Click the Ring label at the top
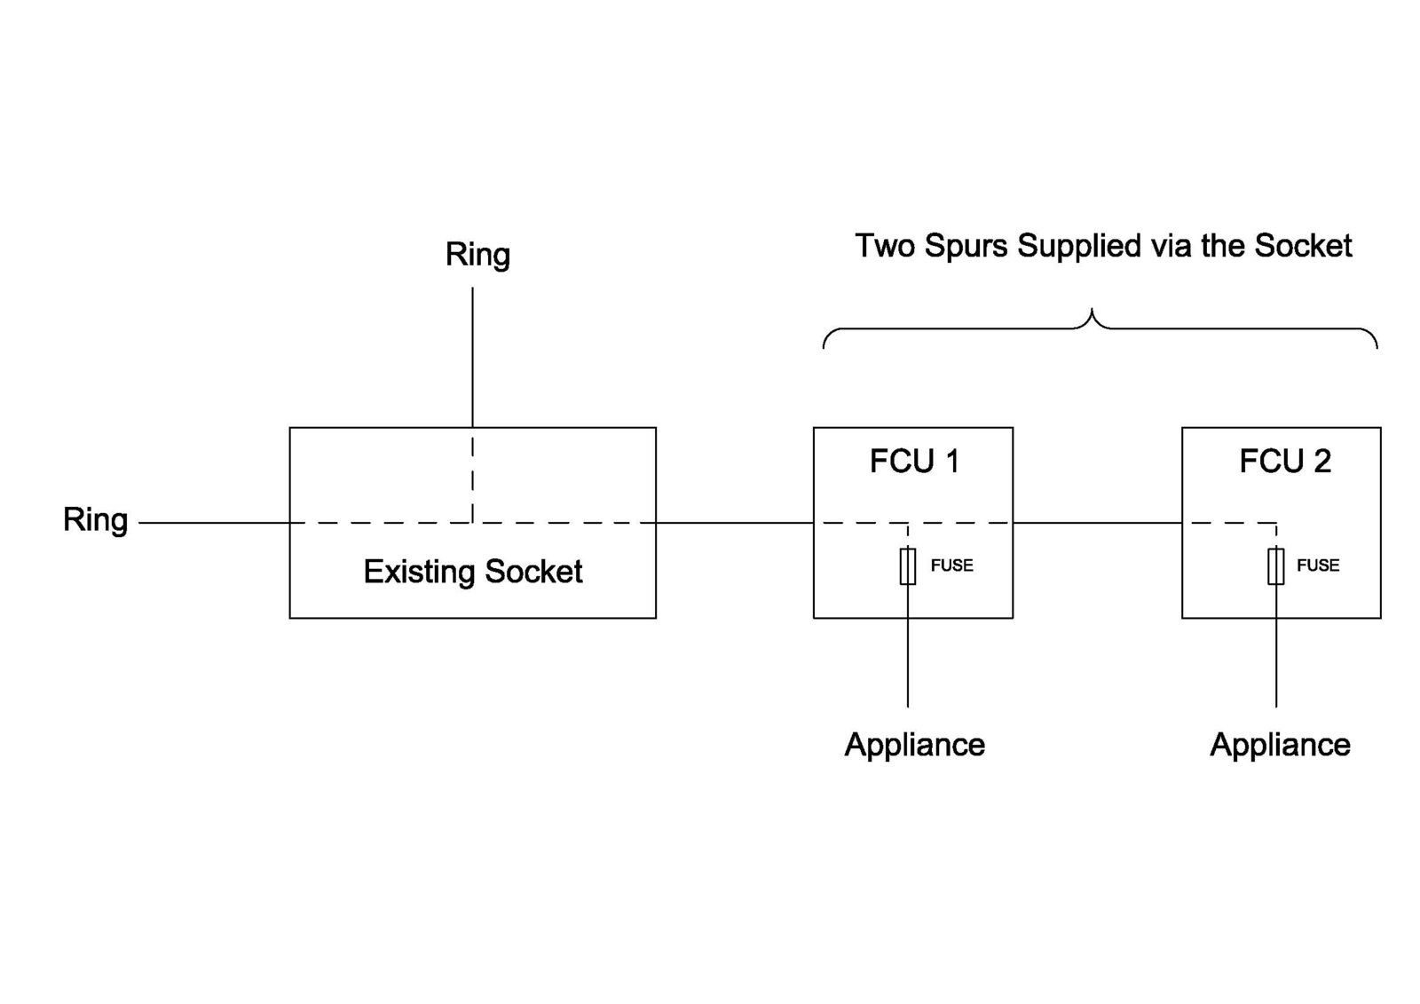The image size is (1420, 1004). coord(477,255)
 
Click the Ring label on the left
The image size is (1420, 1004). coord(95,519)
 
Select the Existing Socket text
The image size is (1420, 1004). coord(473,571)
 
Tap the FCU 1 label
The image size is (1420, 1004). coord(914,462)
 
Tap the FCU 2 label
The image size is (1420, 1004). coord(1284,462)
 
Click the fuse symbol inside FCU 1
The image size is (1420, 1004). coord(908,566)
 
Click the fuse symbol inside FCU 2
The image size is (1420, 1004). coord(1275,566)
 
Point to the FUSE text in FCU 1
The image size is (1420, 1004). coord(951,565)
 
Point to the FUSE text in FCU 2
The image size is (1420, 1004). coord(1318,565)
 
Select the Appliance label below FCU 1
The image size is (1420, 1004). coord(914,744)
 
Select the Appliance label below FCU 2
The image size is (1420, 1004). coord(1280,744)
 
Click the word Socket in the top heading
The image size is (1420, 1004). coord(1303,245)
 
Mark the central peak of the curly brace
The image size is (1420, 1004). coord(1093,313)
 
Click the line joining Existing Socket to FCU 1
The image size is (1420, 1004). coord(735,523)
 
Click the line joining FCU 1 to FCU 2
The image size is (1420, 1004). coord(1097,523)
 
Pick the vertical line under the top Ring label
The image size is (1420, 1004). coord(472,355)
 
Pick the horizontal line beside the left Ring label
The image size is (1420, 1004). coord(213,523)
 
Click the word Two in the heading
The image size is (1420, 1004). coord(884,245)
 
